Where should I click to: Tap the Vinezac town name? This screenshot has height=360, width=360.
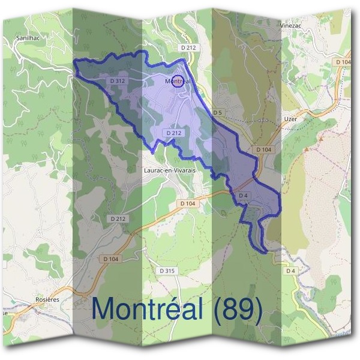tap(289, 26)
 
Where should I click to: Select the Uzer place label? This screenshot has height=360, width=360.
tap(290, 119)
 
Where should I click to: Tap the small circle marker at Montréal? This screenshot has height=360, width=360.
tap(178, 81)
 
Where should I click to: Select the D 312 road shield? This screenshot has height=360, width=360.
tap(118, 80)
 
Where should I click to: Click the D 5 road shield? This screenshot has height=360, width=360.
tap(217, 112)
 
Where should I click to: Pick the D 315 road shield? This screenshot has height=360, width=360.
tap(167, 271)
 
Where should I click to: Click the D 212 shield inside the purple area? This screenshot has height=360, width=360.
tap(173, 133)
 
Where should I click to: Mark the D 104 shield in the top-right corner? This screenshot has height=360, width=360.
tap(343, 62)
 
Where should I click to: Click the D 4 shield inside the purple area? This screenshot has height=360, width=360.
tap(243, 196)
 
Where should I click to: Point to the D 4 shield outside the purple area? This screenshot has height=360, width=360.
tap(290, 271)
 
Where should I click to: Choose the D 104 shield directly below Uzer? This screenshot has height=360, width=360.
tap(263, 149)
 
